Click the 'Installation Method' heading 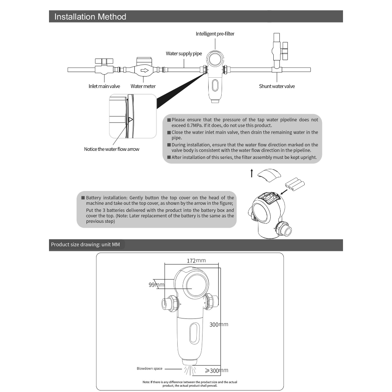[x=90, y=17]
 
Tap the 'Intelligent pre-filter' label [x=215, y=34]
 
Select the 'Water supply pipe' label [x=184, y=54]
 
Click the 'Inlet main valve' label [x=104, y=86]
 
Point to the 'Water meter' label [x=143, y=86]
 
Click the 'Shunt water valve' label [x=277, y=86]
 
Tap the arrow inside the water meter [x=145, y=70]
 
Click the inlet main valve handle [x=104, y=61]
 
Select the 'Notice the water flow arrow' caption [x=112, y=149]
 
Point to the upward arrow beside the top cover [x=252, y=173]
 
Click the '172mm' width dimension [x=196, y=261]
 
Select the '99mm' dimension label [x=156, y=285]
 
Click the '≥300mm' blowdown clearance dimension [x=216, y=371]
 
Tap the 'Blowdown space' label [x=150, y=369]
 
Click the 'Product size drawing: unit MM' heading [x=85, y=245]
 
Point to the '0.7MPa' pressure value [x=180, y=126]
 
